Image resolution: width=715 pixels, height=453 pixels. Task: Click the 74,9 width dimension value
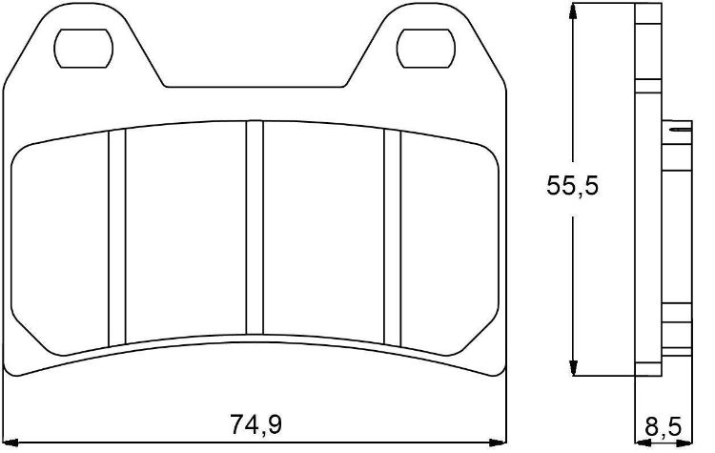[255, 424]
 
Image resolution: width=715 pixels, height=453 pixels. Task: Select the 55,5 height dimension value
[572, 186]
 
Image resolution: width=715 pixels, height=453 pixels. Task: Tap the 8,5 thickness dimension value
[663, 427]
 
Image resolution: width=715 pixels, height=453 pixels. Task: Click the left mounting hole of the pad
[83, 49]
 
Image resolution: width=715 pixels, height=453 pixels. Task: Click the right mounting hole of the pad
[425, 49]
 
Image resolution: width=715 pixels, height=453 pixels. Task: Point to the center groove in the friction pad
[255, 228]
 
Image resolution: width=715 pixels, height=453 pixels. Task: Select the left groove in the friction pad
[116, 237]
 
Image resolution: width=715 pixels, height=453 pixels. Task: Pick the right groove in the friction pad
[392, 237]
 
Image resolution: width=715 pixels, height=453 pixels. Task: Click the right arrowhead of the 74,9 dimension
[498, 443]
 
